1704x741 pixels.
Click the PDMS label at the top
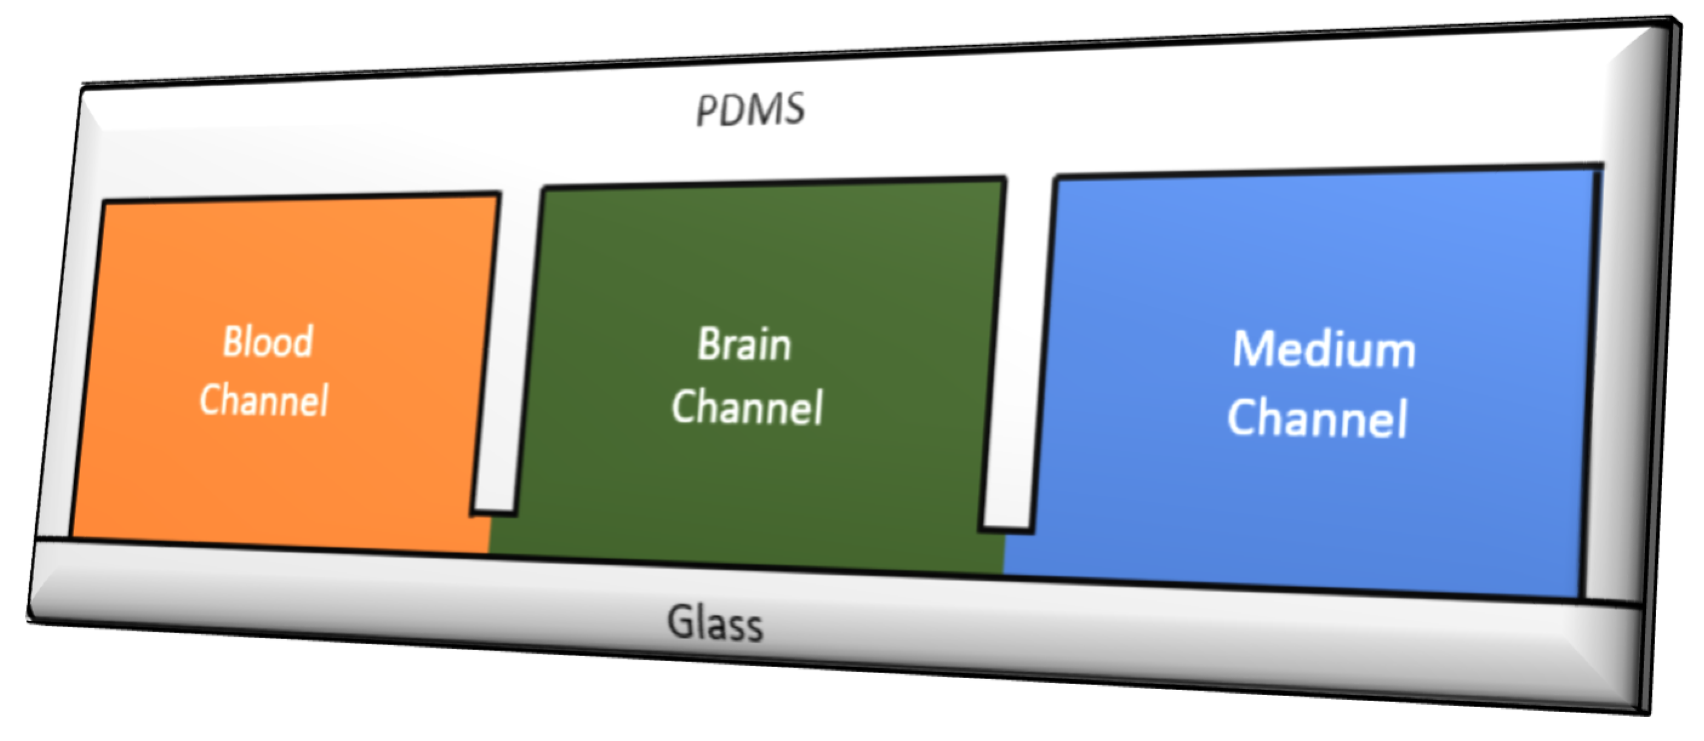(751, 110)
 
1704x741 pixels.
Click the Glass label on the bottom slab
(715, 623)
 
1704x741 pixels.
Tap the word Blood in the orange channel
(268, 342)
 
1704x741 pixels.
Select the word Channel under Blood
(264, 400)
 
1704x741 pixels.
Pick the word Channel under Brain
(747, 407)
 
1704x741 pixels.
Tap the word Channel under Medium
(1317, 419)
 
